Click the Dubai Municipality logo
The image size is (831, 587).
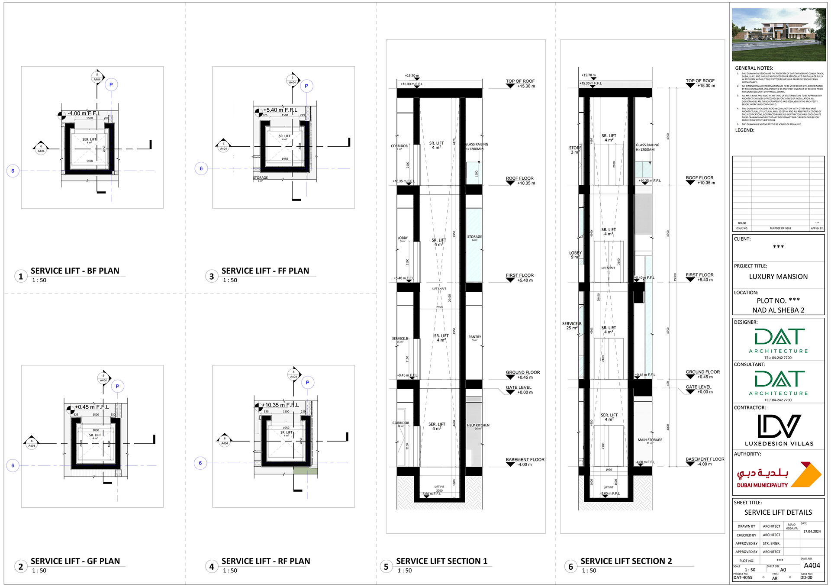click(778, 475)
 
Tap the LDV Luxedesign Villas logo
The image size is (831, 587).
click(779, 430)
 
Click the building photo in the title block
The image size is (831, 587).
click(779, 35)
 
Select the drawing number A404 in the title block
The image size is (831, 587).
click(812, 565)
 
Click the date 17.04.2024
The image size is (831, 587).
click(812, 532)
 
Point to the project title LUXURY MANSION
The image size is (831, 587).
click(778, 277)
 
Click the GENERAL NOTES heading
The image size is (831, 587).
click(754, 68)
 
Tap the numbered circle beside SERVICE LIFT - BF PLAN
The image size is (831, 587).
click(20, 276)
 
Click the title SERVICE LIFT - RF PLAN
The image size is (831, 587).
click(266, 561)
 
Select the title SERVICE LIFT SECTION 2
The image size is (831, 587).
click(626, 561)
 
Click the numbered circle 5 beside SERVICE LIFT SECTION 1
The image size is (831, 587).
click(386, 567)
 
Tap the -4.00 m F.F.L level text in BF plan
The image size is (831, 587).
click(84, 113)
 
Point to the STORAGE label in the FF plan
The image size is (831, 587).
click(261, 177)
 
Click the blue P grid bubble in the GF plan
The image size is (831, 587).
click(117, 386)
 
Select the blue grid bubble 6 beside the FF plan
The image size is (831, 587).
click(201, 168)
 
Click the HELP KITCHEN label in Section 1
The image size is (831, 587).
click(478, 425)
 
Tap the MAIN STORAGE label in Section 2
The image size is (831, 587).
click(650, 440)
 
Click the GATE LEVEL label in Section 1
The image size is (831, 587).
click(519, 387)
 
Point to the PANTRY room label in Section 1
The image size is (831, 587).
click(474, 337)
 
